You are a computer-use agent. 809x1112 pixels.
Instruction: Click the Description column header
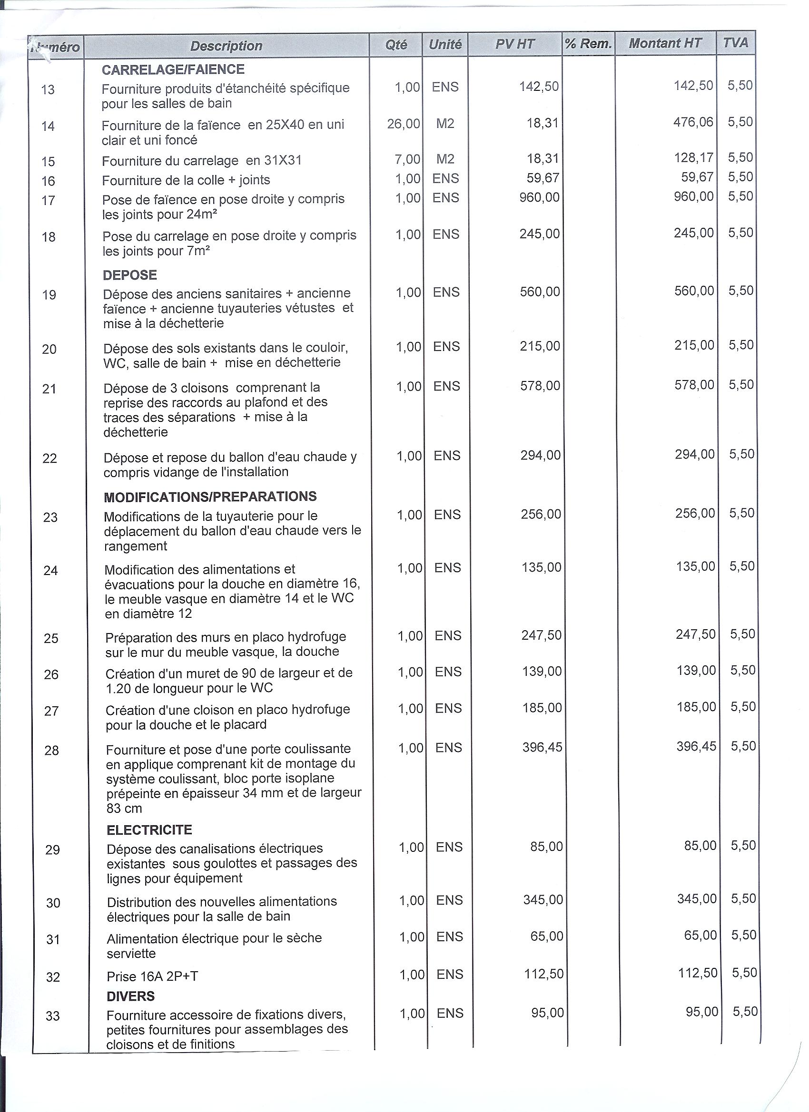click(226, 46)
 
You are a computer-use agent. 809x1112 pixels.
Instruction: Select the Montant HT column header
click(665, 43)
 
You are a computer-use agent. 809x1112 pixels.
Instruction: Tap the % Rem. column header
click(588, 44)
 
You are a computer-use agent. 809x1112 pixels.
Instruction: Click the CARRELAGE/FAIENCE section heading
click(173, 69)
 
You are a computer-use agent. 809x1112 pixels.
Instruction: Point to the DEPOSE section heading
click(129, 275)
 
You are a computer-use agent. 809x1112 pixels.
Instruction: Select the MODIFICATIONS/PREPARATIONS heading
click(210, 497)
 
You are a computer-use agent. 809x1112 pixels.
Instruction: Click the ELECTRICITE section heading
click(149, 830)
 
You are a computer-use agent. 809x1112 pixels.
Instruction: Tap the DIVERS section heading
click(130, 996)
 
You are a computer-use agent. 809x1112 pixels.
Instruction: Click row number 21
click(49, 390)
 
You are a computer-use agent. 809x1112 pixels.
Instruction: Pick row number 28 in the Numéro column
click(51, 751)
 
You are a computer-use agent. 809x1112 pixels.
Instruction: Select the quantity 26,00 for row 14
click(403, 124)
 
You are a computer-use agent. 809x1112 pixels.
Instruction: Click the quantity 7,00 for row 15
click(408, 159)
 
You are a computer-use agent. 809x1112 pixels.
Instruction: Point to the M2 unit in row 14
click(445, 124)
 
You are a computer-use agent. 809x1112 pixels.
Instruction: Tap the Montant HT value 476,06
click(693, 122)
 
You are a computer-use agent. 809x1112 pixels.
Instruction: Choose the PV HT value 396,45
click(542, 748)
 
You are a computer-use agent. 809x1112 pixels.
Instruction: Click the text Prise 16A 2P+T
click(152, 976)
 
